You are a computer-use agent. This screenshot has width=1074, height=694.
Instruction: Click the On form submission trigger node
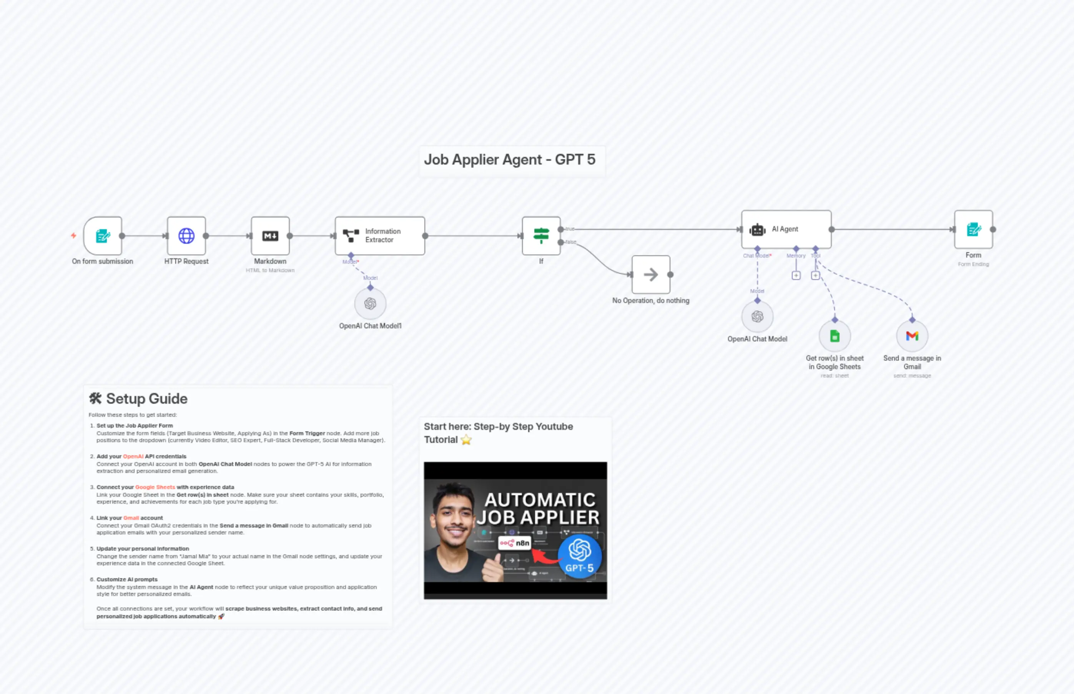(103, 236)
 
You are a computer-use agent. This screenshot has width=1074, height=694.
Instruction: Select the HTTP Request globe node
(186, 236)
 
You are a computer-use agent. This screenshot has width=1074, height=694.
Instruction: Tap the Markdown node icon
(270, 236)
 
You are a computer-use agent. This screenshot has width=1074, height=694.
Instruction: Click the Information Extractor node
(379, 236)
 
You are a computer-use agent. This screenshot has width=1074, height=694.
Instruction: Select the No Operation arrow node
(650, 275)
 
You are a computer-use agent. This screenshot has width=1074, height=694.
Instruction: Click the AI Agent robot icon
(757, 230)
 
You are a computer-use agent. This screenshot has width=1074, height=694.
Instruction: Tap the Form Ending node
(973, 230)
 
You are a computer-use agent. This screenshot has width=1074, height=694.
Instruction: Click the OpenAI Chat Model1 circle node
(370, 304)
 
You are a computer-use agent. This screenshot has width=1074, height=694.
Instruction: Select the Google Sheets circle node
(835, 336)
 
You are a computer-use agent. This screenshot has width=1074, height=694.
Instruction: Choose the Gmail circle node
(912, 336)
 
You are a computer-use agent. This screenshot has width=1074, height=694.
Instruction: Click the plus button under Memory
(796, 275)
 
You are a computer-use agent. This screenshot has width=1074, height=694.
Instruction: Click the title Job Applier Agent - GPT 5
(510, 160)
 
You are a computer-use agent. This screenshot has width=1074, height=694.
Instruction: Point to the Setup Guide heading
(146, 399)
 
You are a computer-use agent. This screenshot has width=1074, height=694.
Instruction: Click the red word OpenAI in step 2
(133, 456)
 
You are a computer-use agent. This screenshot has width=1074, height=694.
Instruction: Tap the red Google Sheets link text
(155, 487)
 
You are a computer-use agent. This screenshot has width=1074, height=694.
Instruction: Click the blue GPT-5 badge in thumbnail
(579, 556)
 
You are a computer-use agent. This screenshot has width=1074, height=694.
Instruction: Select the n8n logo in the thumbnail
(514, 543)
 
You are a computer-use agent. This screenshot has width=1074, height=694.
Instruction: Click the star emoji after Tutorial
(466, 440)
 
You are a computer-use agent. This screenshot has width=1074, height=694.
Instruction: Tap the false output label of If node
(571, 242)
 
